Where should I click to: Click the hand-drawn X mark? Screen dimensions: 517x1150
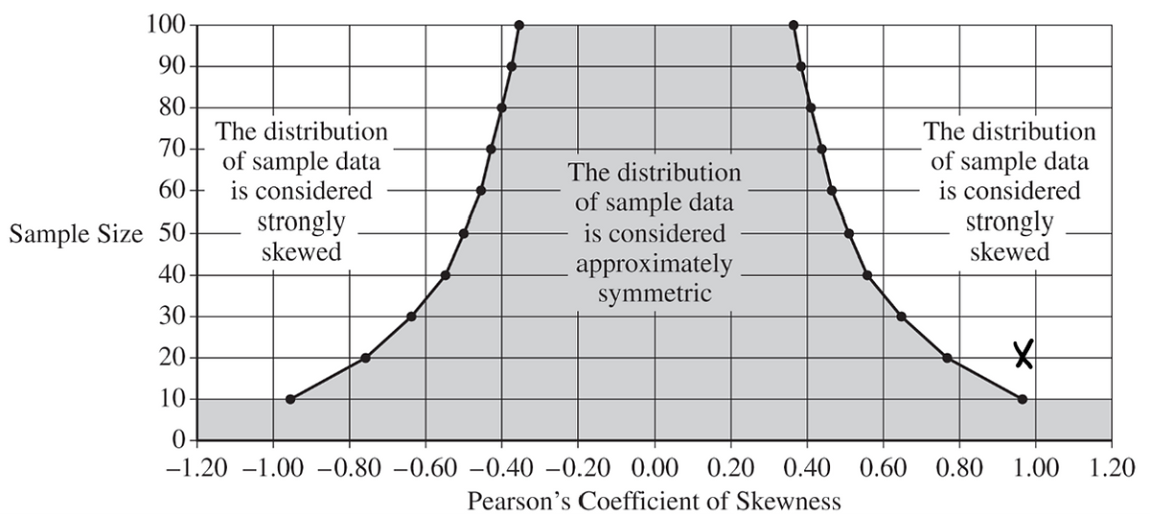(x=1023, y=355)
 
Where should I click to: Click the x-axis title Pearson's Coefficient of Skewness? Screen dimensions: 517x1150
(x=655, y=501)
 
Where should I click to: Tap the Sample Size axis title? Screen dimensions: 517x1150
(x=75, y=234)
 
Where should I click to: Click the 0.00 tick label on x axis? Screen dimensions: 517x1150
(x=655, y=469)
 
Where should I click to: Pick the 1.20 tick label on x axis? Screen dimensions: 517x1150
(x=1112, y=469)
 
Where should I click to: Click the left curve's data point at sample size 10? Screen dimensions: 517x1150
(x=290, y=399)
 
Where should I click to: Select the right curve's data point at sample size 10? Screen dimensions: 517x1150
(x=1022, y=399)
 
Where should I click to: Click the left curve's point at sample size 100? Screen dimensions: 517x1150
(x=518, y=25)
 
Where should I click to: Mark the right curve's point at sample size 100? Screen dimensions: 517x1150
(x=793, y=25)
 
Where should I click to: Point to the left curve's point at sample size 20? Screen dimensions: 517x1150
(x=365, y=358)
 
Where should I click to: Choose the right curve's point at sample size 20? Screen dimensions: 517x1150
(x=947, y=358)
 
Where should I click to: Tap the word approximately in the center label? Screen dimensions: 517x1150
(x=655, y=264)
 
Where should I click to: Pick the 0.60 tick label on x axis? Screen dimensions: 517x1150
(x=884, y=469)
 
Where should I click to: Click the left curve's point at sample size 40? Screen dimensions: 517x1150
(x=446, y=275)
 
